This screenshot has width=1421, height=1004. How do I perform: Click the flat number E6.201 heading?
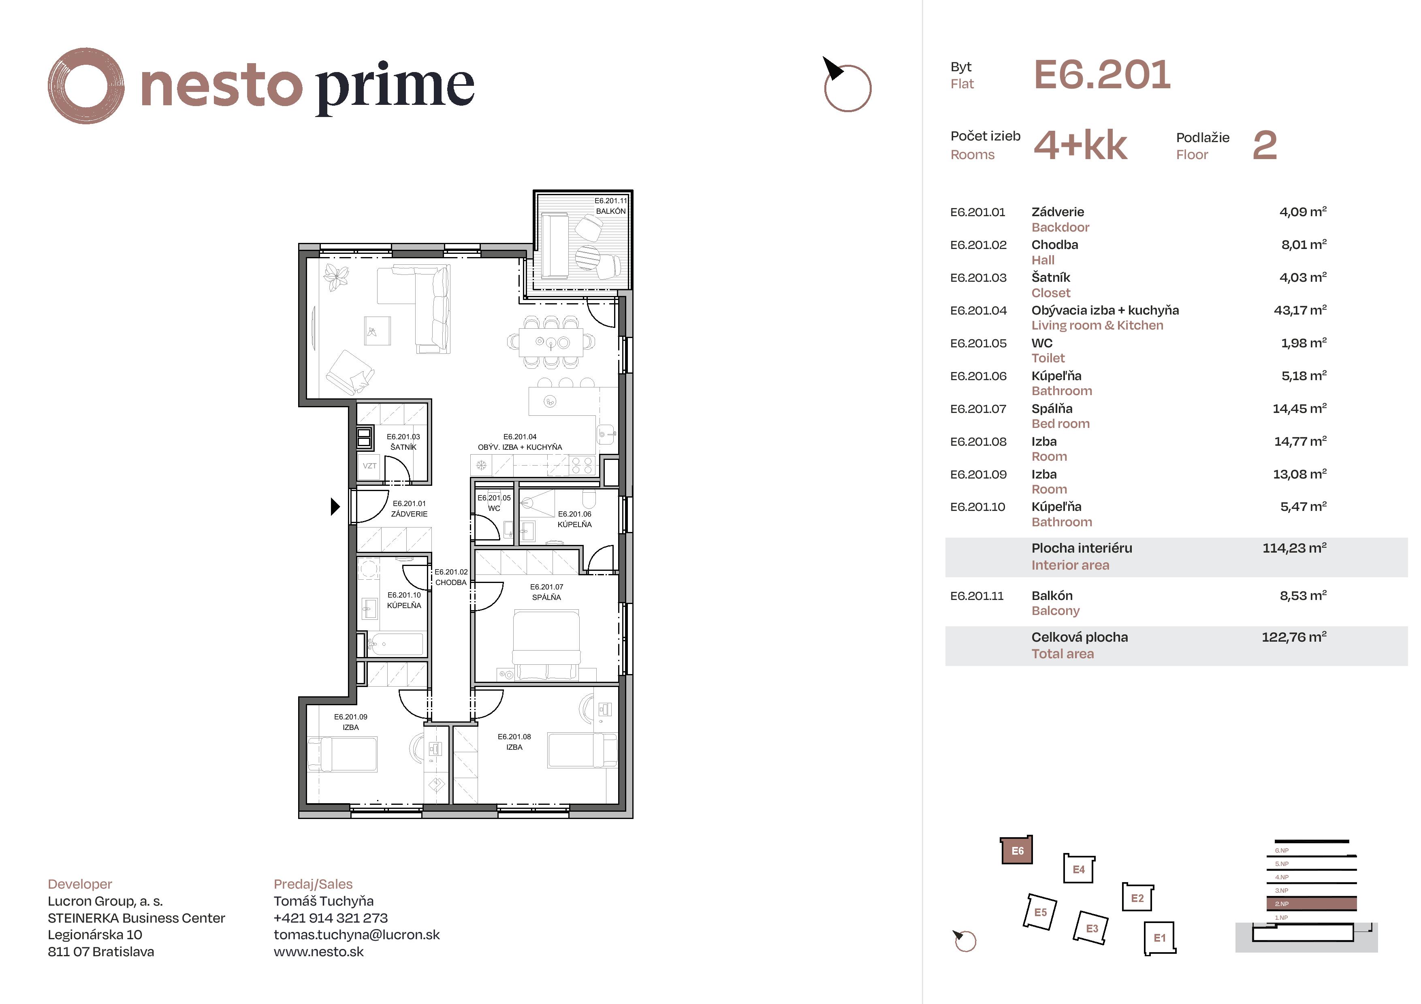pyautogui.click(x=1102, y=75)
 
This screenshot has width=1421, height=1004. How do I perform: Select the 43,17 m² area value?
pyautogui.click(x=1299, y=310)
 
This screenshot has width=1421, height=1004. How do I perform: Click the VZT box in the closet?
pyautogui.click(x=369, y=466)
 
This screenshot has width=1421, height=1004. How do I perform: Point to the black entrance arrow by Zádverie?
pyautogui.click(x=335, y=506)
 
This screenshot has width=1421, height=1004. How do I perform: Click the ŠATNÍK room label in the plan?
pyautogui.click(x=403, y=447)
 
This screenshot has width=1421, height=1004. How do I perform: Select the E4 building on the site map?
pyautogui.click(x=1079, y=869)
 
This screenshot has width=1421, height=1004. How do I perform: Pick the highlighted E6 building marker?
pyautogui.click(x=1017, y=851)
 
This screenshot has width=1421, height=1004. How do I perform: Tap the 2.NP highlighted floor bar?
pyautogui.click(x=1312, y=904)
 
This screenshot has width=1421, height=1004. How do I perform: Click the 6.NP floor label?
pyautogui.click(x=1281, y=851)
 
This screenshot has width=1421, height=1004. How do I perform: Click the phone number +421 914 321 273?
pyautogui.click(x=331, y=918)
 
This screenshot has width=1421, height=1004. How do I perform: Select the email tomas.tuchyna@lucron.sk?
pyautogui.click(x=356, y=935)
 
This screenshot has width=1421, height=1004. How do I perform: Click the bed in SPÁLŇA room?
pyautogui.click(x=546, y=643)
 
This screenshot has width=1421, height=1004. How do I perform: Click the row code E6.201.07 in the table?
pyautogui.click(x=978, y=409)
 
